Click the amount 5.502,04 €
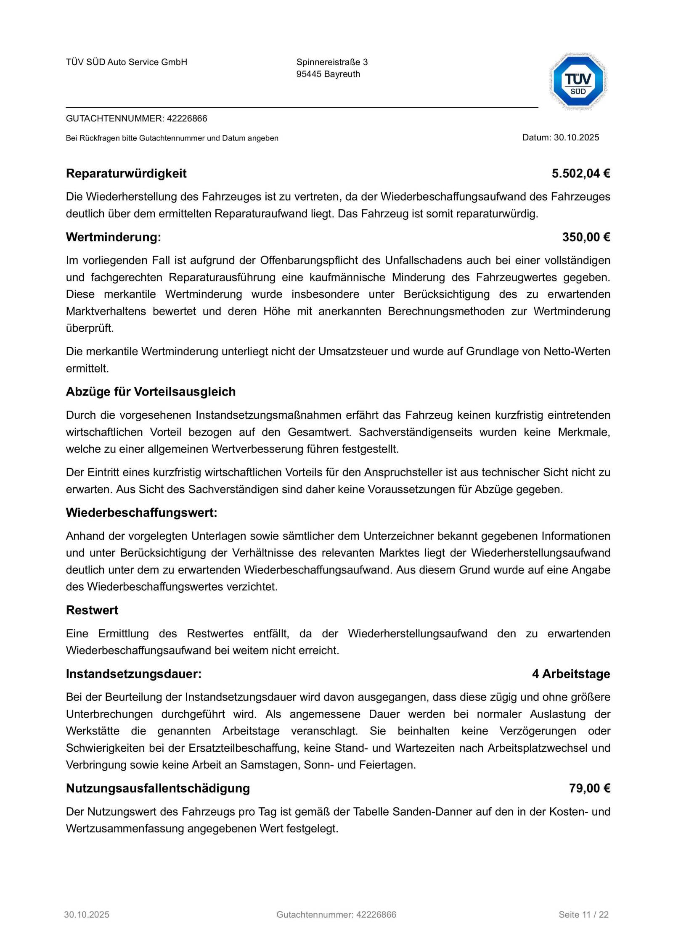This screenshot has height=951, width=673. click(x=580, y=174)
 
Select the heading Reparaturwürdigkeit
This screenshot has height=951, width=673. click(x=126, y=174)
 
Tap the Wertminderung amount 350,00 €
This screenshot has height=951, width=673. click(x=586, y=237)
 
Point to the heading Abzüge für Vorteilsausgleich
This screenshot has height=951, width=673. click(x=151, y=392)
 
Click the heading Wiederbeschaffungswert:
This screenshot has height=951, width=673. click(x=141, y=512)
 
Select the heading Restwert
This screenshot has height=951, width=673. click(x=92, y=610)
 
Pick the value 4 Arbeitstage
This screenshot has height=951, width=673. click(x=571, y=674)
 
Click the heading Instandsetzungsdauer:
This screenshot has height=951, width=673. click(x=134, y=674)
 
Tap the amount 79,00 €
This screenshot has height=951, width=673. click(x=589, y=788)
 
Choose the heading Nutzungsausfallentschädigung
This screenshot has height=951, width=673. click(x=158, y=788)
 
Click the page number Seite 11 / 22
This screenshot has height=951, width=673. click(x=583, y=914)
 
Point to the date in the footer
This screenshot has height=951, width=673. click(x=87, y=914)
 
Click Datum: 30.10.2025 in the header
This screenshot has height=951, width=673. click(x=560, y=137)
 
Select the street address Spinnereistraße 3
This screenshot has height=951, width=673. click(x=332, y=62)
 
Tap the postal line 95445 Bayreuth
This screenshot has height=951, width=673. click(x=328, y=74)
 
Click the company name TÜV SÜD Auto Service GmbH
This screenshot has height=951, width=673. click(x=127, y=62)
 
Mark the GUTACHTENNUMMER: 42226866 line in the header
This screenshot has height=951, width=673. click(x=137, y=119)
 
